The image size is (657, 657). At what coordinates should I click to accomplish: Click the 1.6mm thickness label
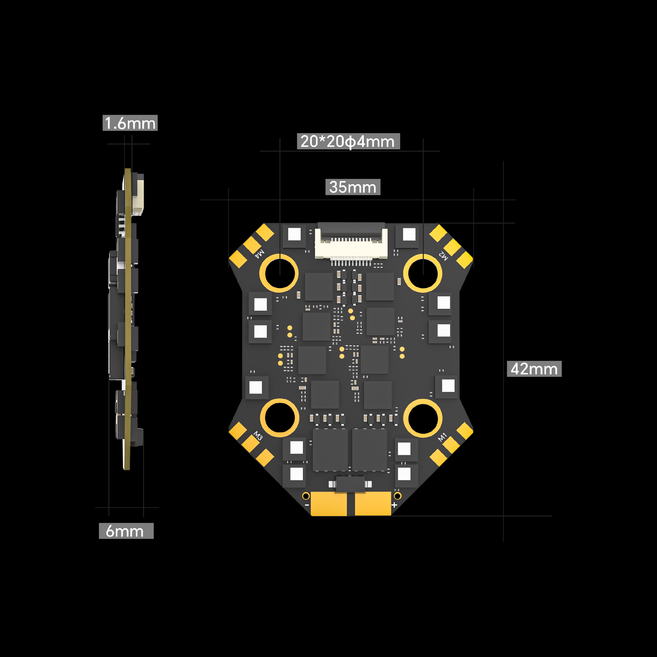tap(130, 123)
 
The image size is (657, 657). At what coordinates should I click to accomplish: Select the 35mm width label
tap(353, 187)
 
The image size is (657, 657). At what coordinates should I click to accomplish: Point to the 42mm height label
tap(534, 369)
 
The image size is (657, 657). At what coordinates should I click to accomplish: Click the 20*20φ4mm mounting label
tap(348, 141)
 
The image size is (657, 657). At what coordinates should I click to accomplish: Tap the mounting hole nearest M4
tap(279, 273)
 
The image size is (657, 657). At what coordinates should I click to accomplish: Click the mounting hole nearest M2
tap(423, 273)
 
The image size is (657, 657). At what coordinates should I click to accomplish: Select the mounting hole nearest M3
tap(280, 418)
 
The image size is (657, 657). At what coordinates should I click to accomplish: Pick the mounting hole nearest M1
tap(423, 418)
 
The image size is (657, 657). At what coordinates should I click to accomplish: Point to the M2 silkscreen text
tap(443, 256)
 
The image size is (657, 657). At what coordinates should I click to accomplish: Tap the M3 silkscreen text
tap(258, 436)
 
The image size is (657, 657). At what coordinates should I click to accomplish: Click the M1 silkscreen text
tap(442, 437)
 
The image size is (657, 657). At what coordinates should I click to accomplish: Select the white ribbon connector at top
tap(351, 243)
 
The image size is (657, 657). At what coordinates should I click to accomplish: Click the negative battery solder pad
tap(329, 504)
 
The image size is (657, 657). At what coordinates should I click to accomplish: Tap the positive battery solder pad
tap(373, 504)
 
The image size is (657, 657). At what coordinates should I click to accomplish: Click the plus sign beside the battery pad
tap(394, 505)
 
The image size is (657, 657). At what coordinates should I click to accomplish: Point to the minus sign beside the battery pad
tap(307, 505)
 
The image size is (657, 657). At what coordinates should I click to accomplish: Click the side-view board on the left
tap(127, 318)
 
